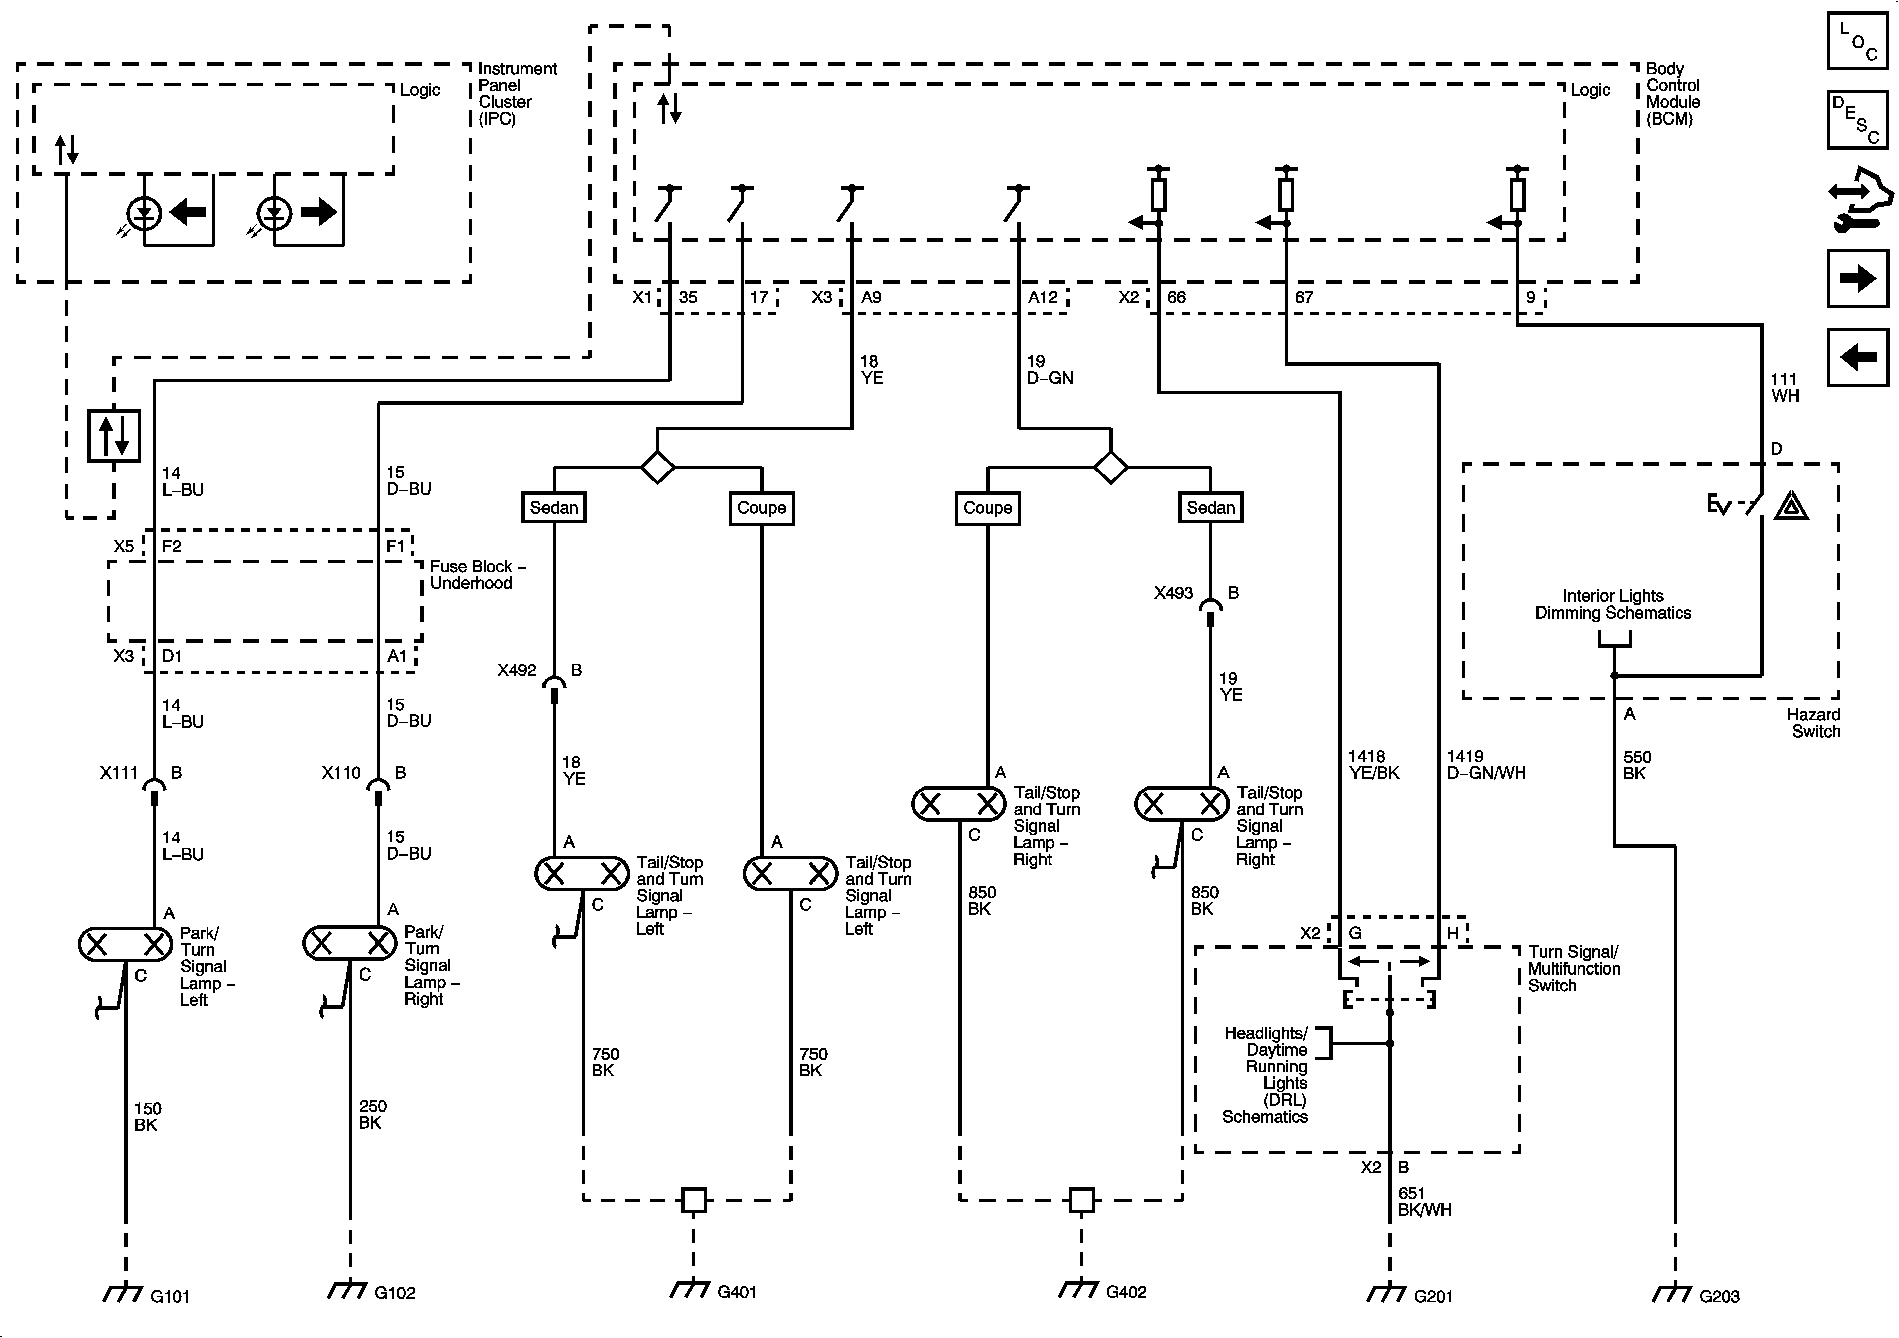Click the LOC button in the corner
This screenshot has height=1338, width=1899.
click(1857, 41)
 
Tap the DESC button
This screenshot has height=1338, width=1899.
click(1857, 118)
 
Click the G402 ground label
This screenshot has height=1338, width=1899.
click(1126, 1292)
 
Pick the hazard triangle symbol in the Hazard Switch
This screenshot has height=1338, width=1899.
click(1791, 506)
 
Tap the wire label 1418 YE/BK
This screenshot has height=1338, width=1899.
click(1373, 765)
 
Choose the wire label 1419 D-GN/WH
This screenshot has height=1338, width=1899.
click(1485, 765)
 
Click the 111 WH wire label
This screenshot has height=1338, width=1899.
click(1784, 387)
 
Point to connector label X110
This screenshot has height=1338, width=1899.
click(341, 773)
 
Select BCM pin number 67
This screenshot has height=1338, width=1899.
click(1303, 298)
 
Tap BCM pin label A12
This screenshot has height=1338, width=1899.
click(1042, 298)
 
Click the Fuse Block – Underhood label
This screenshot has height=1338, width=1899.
click(477, 575)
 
